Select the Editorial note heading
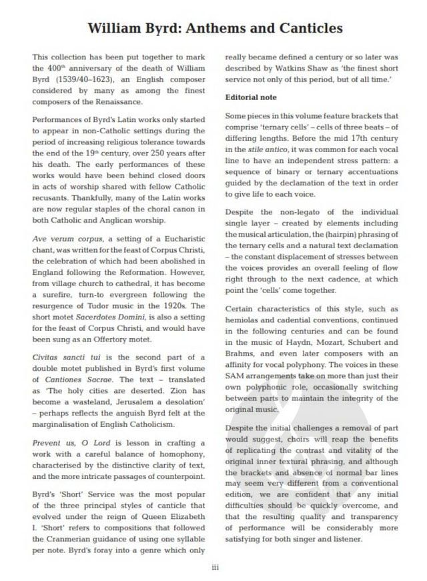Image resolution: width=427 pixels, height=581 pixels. (250, 97)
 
